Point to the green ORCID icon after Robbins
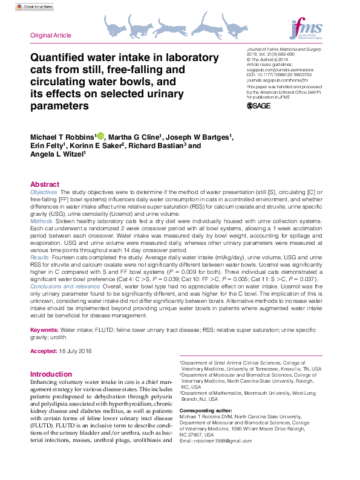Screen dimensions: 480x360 coord(100,136)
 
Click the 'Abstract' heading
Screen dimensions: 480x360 coord(45,184)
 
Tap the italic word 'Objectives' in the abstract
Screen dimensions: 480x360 coord(44,192)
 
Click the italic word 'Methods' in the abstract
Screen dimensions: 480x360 coord(41,222)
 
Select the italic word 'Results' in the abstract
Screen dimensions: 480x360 coord(40,258)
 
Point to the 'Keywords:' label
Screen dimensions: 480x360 coord(44,331)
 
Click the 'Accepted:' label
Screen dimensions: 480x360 coord(44,351)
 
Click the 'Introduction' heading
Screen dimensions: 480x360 coord(51,374)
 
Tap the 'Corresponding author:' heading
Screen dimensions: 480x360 coord(206,410)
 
